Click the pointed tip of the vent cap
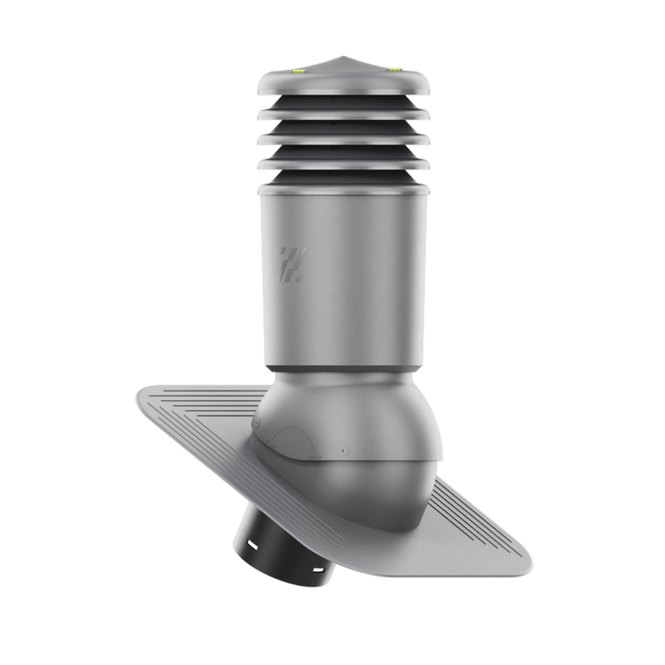point(343,58)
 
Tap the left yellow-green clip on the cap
point(298,67)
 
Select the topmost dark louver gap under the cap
point(344,104)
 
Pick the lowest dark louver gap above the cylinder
point(344,176)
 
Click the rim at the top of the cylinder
point(344,189)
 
